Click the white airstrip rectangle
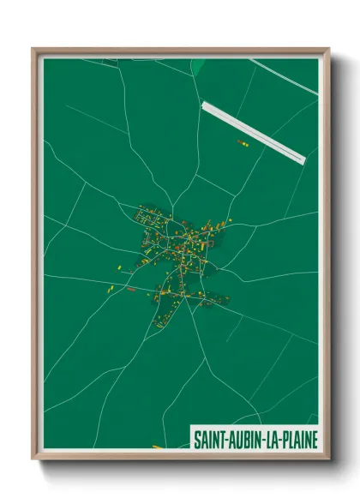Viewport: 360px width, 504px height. pos(253,131)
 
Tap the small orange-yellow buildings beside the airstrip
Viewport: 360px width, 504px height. pos(243,145)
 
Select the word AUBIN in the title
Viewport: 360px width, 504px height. pos(243,440)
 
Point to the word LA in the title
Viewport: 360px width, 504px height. pos(269,440)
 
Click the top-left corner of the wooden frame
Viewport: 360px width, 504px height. pos(33,49)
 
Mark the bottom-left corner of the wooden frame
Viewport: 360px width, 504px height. pos(33,459)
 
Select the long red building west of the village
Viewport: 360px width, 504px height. pos(131,290)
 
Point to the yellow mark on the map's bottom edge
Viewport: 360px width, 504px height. pos(157,447)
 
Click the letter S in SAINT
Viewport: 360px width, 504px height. pos(196,440)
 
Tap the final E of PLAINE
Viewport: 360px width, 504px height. pos(314,440)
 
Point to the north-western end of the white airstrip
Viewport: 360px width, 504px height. pos(204,105)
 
